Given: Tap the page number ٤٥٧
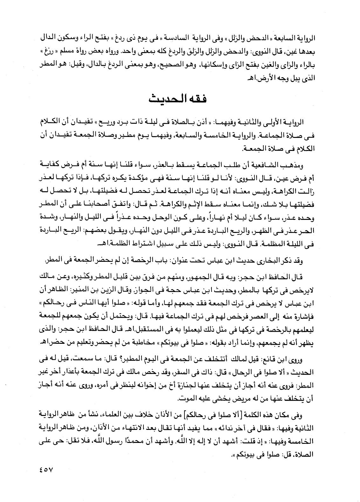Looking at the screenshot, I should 38,468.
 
